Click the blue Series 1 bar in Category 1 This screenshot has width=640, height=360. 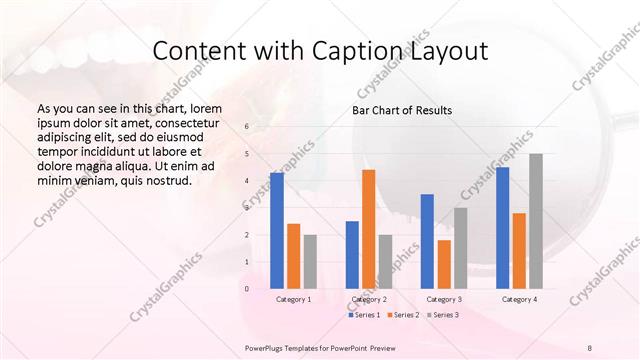tap(276, 231)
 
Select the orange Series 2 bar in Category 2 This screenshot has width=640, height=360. tap(368, 229)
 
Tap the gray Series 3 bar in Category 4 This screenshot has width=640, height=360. tap(536, 221)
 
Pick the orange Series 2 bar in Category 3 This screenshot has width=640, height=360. tap(444, 264)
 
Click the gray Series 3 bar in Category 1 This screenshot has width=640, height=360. tap(310, 262)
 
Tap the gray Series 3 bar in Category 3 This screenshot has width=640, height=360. tap(460, 248)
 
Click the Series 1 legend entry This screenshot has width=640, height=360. tap(364, 315)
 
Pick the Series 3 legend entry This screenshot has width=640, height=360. tap(444, 315)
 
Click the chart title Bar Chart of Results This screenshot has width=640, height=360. tap(402, 110)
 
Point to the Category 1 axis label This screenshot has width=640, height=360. tap(293, 299)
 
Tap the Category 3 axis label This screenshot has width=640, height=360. tap(444, 299)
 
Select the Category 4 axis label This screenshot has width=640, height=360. tap(519, 299)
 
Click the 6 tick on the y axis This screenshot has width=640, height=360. tap(247, 127)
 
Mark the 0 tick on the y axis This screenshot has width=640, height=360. tap(247, 289)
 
